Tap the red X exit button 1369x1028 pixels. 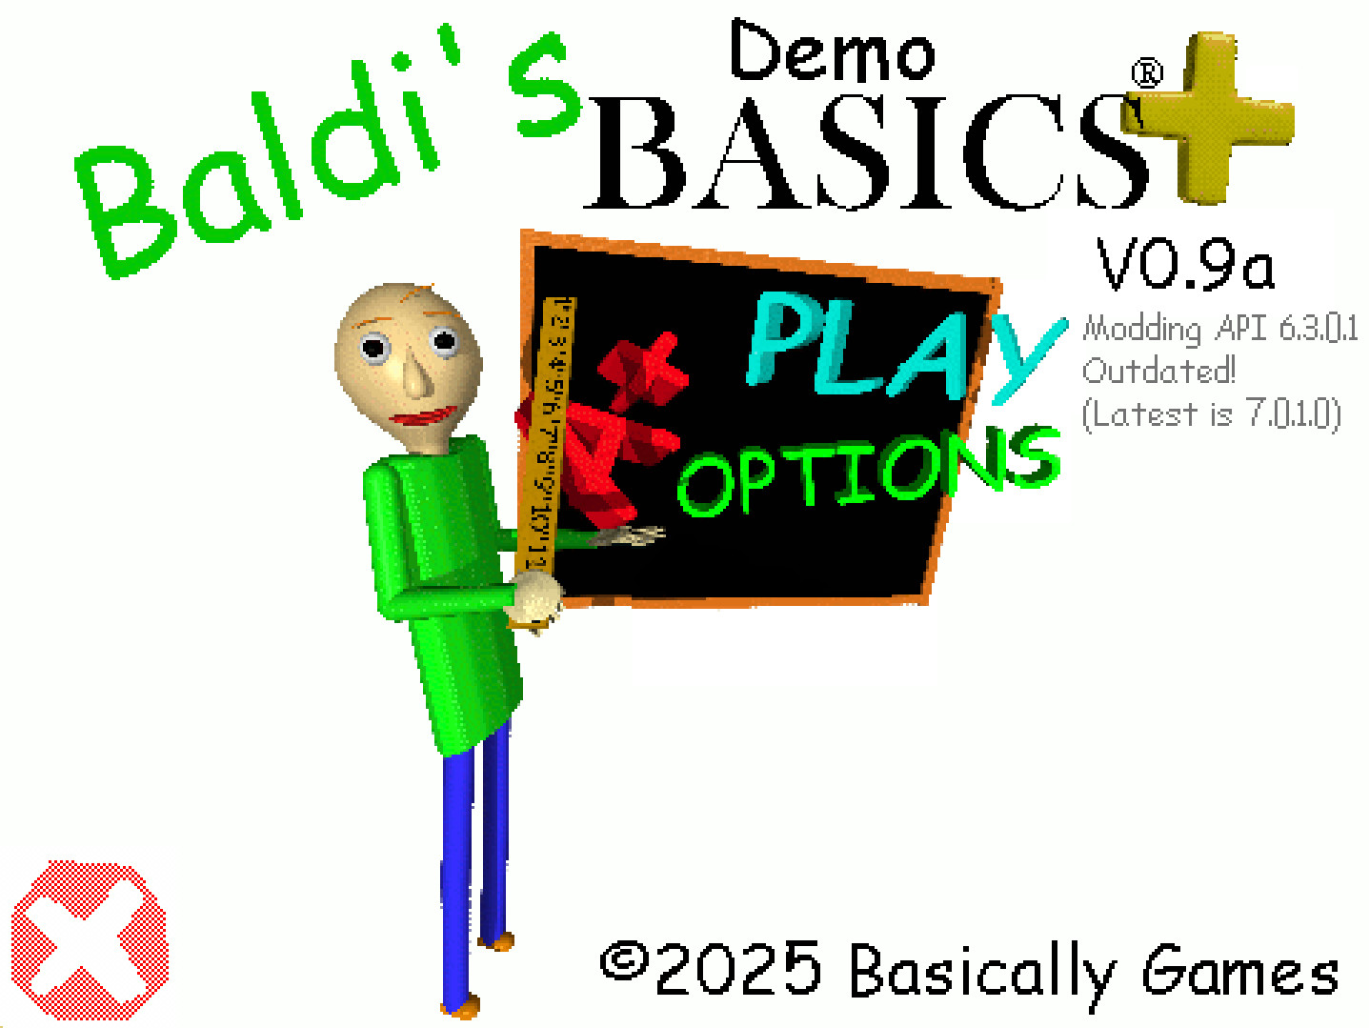[89, 939]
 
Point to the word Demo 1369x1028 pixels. [831, 52]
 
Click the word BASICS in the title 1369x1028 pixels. [867, 152]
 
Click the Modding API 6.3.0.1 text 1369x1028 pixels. [1219, 329]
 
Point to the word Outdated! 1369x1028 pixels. [1158, 371]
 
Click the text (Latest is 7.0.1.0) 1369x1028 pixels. [1211, 413]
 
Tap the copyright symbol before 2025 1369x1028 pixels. [624, 962]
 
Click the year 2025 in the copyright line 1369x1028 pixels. [738, 970]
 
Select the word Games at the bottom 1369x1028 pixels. [1240, 974]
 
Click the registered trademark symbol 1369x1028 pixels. [1147, 73]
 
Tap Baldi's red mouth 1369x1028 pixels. [423, 417]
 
